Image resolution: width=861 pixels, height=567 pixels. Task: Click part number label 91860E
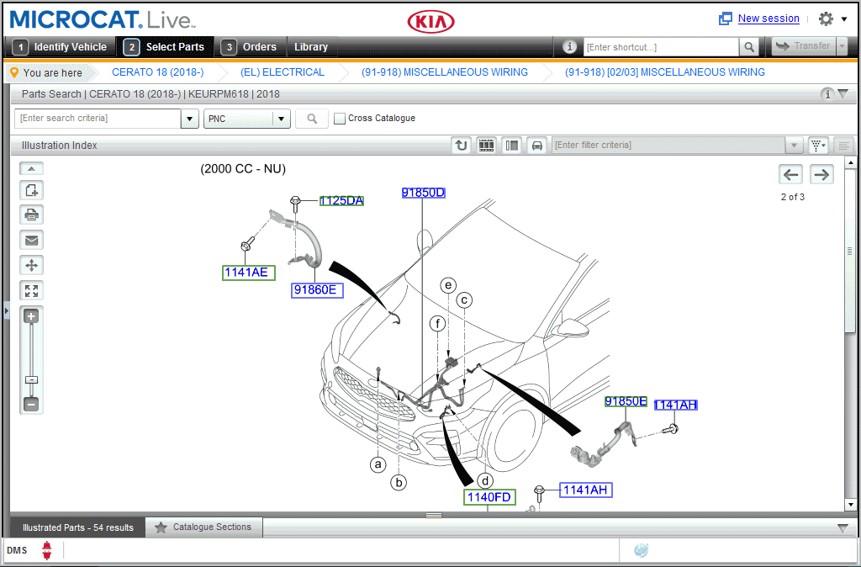pos(317,290)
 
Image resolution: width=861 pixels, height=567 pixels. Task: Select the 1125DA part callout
pos(341,200)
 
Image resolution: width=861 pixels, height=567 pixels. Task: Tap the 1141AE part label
pos(248,273)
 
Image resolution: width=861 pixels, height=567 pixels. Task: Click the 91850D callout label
pos(423,193)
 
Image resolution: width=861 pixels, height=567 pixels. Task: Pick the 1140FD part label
pos(489,497)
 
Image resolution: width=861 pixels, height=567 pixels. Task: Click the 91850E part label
pos(626,401)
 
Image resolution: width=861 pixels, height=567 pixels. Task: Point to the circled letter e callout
pos(449,285)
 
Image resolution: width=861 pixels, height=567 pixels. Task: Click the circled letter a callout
pos(378,464)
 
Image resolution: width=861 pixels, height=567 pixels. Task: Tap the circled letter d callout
pos(485,481)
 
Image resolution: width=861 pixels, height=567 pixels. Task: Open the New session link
pos(769,19)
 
